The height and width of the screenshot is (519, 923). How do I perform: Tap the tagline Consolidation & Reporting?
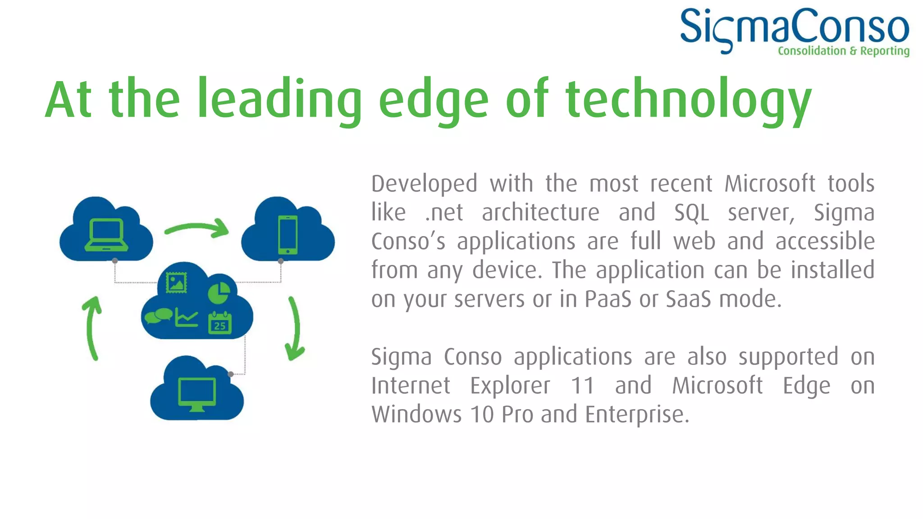pos(843,51)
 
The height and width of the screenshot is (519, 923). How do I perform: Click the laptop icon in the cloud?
pos(106,234)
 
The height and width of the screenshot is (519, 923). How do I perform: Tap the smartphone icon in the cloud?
pos(288,235)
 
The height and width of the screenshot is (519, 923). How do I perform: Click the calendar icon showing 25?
pos(220,323)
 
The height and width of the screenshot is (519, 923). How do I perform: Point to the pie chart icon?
pos(219,293)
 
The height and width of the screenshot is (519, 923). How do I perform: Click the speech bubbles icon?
pos(158,316)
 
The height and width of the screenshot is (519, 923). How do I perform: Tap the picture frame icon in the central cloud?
pos(176,283)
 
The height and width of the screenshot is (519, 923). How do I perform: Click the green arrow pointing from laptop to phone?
pos(197,228)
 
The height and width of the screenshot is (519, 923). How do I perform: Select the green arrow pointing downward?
pos(295,328)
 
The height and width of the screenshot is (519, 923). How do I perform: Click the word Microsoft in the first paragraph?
pos(770,184)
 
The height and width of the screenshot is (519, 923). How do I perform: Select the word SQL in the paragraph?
pos(691,213)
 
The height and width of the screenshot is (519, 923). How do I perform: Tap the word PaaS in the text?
pos(608,299)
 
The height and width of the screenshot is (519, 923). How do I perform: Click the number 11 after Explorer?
pos(582,386)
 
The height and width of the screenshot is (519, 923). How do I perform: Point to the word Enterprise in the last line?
pos(637,414)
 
